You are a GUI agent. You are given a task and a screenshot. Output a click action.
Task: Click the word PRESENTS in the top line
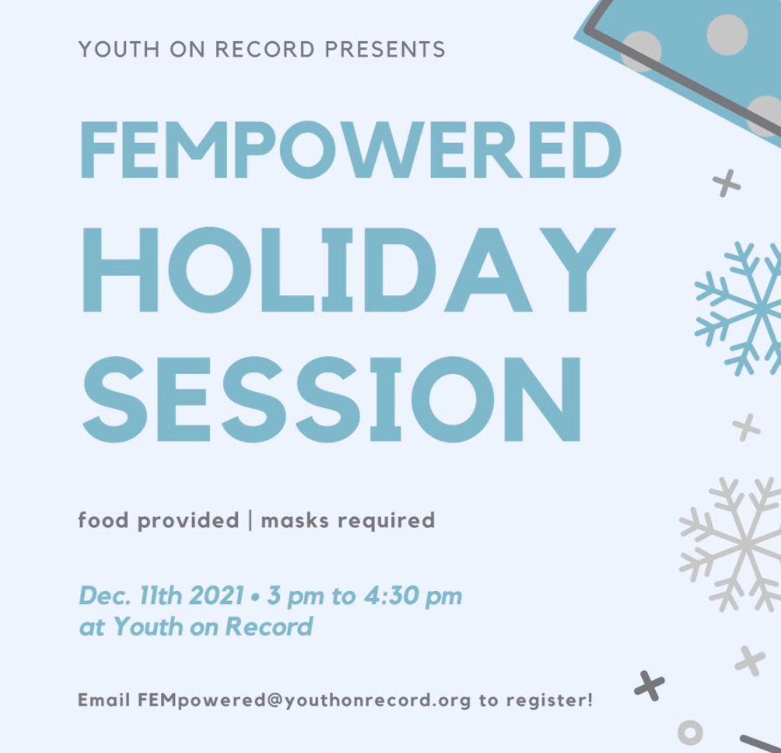pos(384,48)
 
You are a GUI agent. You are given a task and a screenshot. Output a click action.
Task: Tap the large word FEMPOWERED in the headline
pos(349,149)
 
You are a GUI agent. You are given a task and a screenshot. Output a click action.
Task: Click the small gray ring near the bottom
pos(690,731)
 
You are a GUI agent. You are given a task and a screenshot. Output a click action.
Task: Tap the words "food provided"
pos(158,520)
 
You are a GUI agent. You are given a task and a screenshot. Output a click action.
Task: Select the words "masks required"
pos(348,520)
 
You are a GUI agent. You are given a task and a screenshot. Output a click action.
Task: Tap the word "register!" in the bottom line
pos(550,700)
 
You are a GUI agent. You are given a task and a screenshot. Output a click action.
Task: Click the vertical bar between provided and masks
pos(250,520)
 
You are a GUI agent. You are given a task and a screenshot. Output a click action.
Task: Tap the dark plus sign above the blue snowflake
pos(726,184)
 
